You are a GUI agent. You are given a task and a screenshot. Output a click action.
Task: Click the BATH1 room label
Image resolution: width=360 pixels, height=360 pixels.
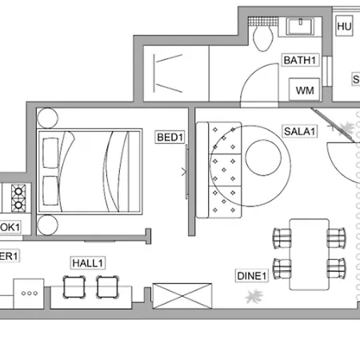tap(301, 60)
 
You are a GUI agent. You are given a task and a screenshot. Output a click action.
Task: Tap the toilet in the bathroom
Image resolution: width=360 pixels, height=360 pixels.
tap(260, 34)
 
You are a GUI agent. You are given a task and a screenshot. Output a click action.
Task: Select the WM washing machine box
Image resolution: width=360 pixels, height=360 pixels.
tap(305, 90)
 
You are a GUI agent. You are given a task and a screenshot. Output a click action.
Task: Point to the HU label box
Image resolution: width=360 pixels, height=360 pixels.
tap(345, 26)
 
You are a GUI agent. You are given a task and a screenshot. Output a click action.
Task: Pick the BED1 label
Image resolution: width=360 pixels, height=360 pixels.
tap(170, 138)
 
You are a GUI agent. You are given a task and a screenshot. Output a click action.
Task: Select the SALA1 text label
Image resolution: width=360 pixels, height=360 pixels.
tap(299, 130)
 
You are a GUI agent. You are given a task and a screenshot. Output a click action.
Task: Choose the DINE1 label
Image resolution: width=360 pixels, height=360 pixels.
tap(250, 277)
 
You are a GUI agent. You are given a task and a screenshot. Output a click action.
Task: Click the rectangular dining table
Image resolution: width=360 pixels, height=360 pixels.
tap(309, 254)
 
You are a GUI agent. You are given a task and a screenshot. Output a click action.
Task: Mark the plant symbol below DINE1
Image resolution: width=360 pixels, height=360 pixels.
tap(254, 298)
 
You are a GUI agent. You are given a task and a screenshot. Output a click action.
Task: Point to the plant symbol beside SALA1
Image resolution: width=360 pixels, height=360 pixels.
tap(346, 126)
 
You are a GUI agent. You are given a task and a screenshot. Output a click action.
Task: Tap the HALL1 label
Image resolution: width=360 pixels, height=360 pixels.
tap(88, 262)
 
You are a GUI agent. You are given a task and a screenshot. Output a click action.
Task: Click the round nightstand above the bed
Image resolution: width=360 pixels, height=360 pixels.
tap(47, 118)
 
